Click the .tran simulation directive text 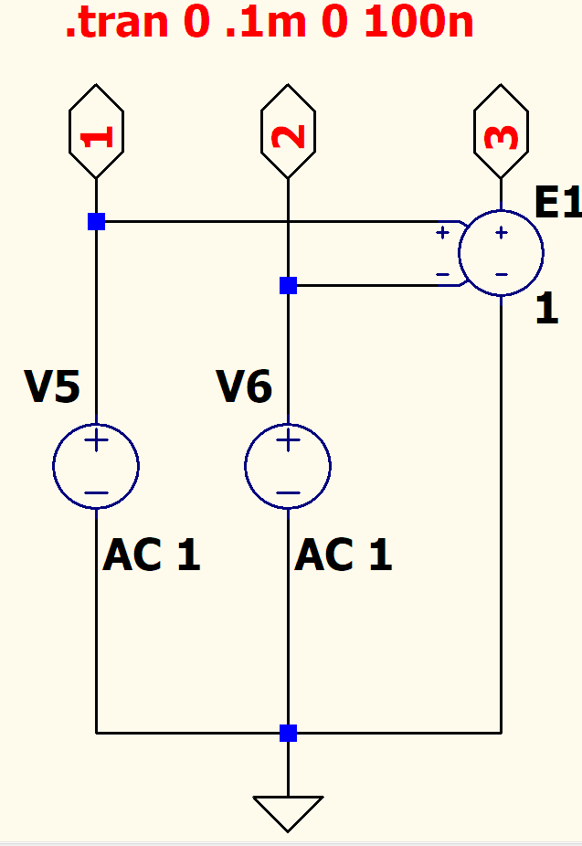pyautogui.click(x=270, y=22)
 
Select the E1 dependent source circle pyautogui.click(x=501, y=253)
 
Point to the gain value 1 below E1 pyautogui.click(x=545, y=311)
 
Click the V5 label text pyautogui.click(x=52, y=387)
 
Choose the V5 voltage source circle pyautogui.click(x=96, y=467)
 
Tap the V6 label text pyautogui.click(x=244, y=387)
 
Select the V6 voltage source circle pyautogui.click(x=288, y=467)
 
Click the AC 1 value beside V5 pyautogui.click(x=152, y=555)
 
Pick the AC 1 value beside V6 pyautogui.click(x=344, y=555)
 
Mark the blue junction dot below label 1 pyautogui.click(x=96, y=221)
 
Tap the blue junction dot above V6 pyautogui.click(x=288, y=286)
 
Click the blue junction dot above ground pyautogui.click(x=288, y=733)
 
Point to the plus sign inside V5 pyautogui.click(x=96, y=441)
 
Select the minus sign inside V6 pyautogui.click(x=288, y=493)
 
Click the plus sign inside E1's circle pyautogui.click(x=501, y=233)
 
